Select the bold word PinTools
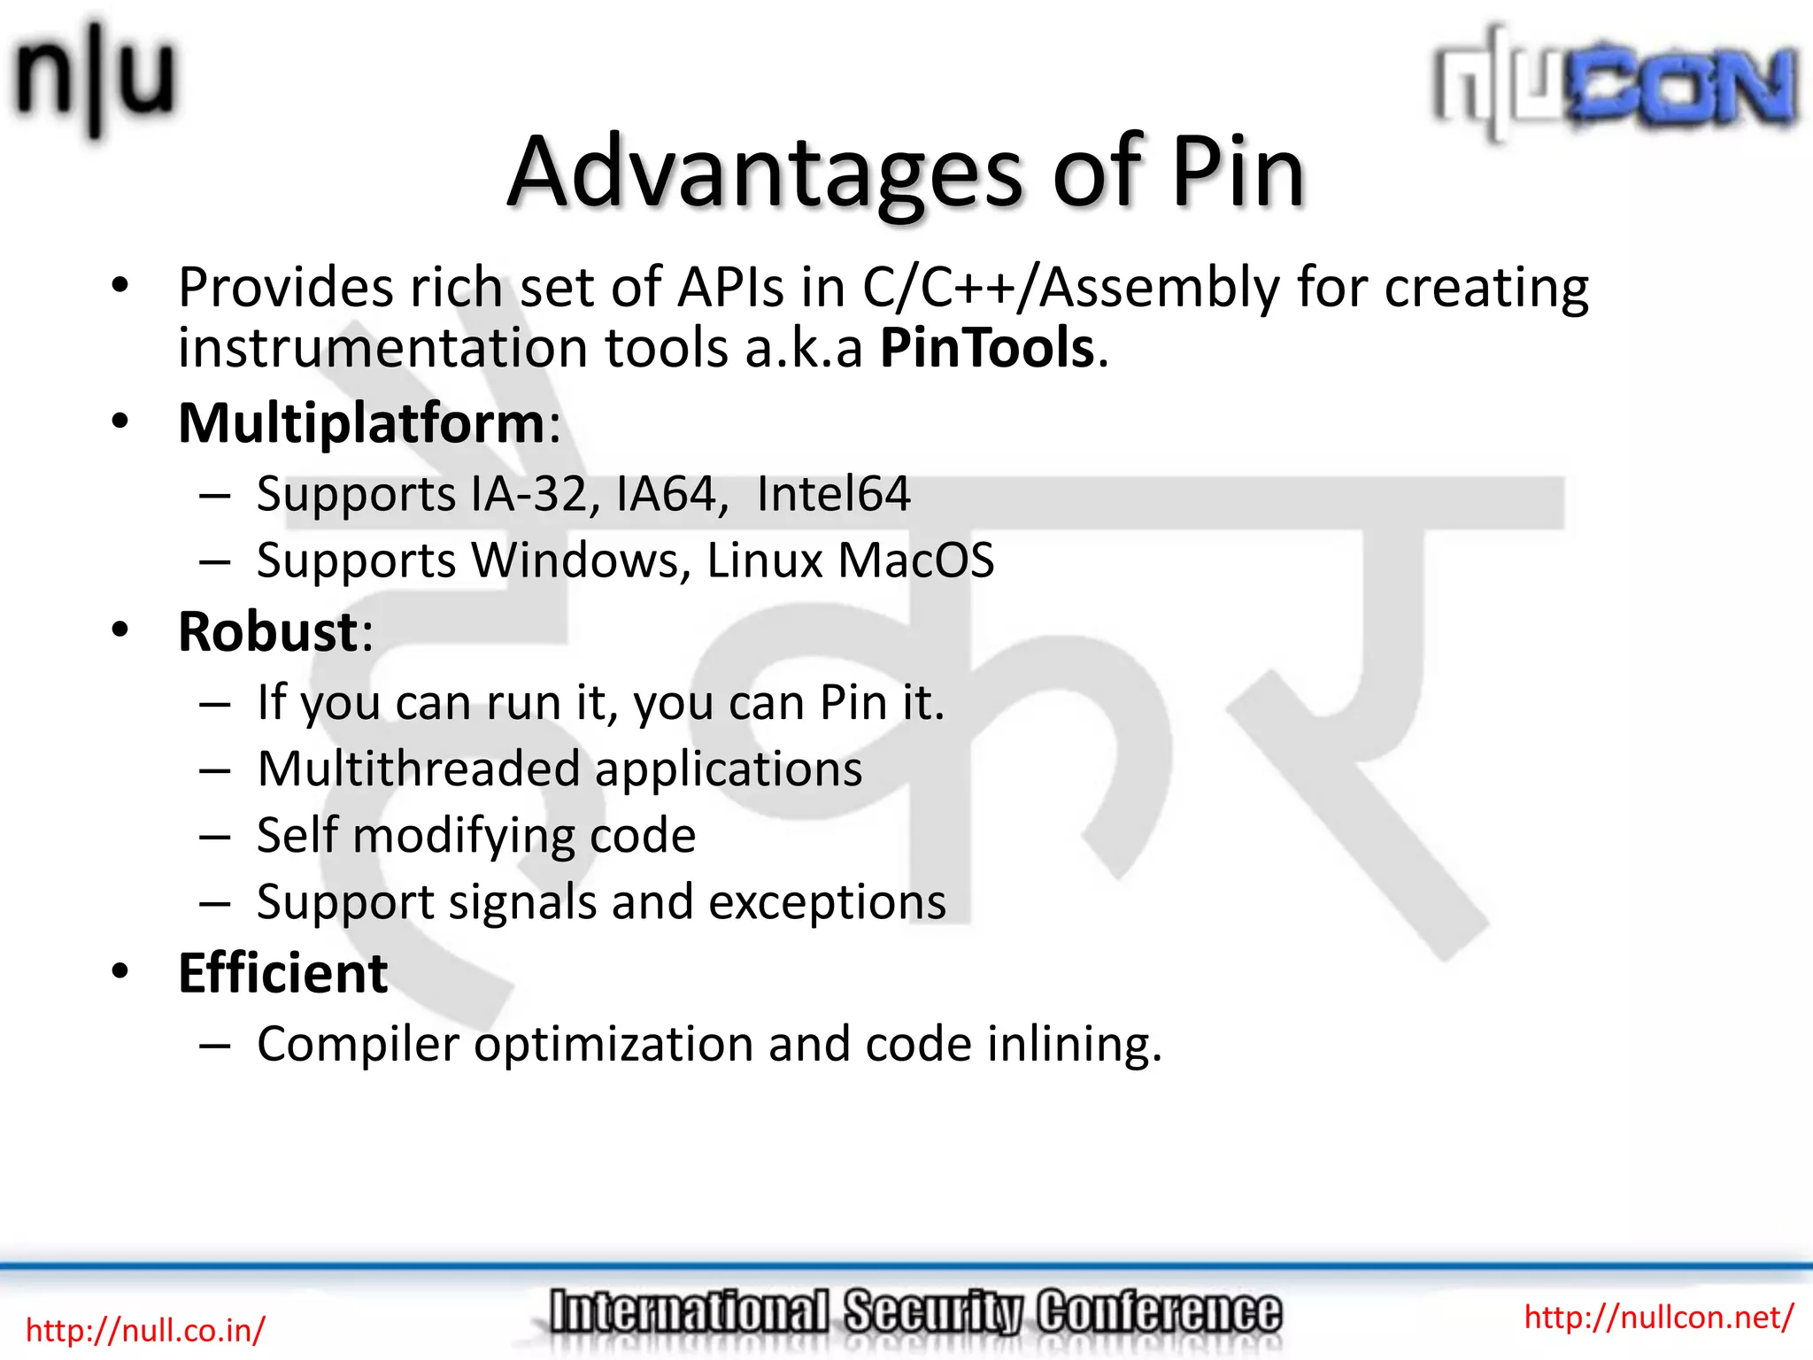(987, 347)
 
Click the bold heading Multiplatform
(362, 423)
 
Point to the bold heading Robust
(267, 632)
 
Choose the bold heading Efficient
(282, 973)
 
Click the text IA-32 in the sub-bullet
(528, 494)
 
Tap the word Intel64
(833, 494)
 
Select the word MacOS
(915, 560)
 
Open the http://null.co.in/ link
(145, 1330)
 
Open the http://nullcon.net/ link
(1658, 1317)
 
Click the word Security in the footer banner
(932, 1312)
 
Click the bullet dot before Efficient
(120, 971)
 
